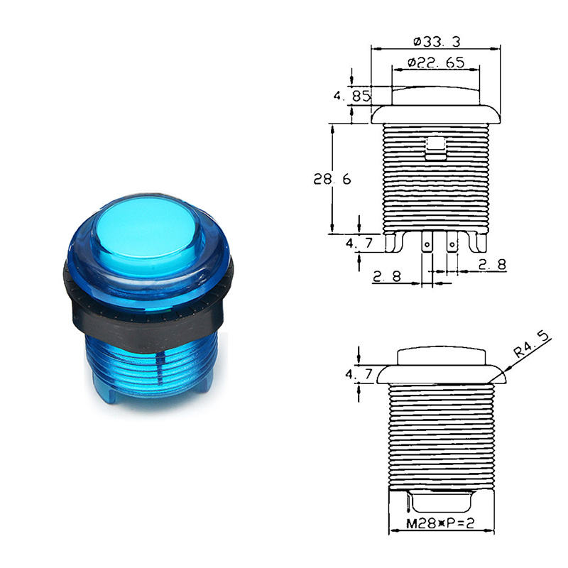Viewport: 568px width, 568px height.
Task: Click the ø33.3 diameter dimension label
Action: pyautogui.click(x=437, y=42)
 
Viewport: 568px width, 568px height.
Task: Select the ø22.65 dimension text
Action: pyautogui.click(x=436, y=62)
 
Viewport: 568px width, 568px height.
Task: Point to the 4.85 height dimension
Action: pyautogui.click(x=352, y=96)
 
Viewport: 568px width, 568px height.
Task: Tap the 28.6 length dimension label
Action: pyautogui.click(x=332, y=179)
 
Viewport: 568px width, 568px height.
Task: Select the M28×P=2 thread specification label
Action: pyautogui.click(x=440, y=523)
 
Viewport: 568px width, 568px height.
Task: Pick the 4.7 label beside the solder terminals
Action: pyautogui.click(x=359, y=243)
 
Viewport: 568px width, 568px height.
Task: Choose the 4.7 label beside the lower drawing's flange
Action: pyautogui.click(x=359, y=373)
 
